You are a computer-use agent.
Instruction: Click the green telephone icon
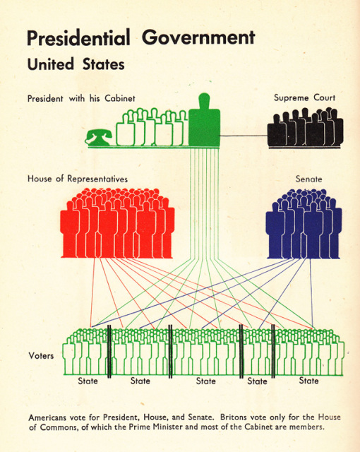(x=99, y=138)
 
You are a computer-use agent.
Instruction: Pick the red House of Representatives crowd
(x=117, y=223)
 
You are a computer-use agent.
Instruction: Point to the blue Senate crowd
(x=304, y=224)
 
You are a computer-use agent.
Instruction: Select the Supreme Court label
(x=304, y=97)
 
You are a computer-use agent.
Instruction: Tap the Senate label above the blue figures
(x=308, y=179)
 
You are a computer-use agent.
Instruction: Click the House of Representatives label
(x=78, y=179)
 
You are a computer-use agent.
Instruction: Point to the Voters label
(x=41, y=356)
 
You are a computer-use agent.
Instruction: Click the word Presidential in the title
(x=78, y=37)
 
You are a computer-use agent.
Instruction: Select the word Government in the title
(x=199, y=37)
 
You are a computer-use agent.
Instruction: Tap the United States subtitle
(x=76, y=64)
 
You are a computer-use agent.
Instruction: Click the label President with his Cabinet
(x=81, y=99)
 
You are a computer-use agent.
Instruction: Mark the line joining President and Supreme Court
(x=244, y=136)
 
